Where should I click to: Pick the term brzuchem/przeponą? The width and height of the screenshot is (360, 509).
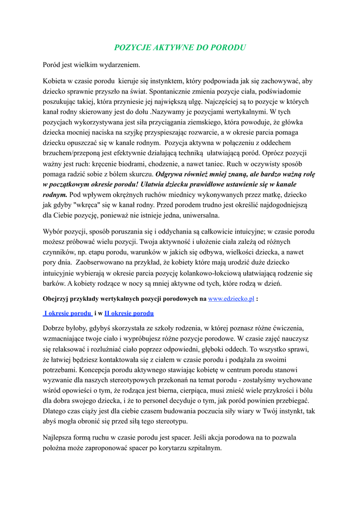click(x=75, y=154)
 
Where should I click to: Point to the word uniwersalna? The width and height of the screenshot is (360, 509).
click(x=199, y=215)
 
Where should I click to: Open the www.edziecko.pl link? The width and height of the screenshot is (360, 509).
click(x=231, y=299)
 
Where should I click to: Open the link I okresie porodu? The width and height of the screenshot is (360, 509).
click(x=68, y=313)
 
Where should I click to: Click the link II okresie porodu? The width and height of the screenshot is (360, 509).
click(x=129, y=313)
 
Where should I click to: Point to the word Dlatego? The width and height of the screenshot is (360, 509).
click(x=55, y=411)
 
